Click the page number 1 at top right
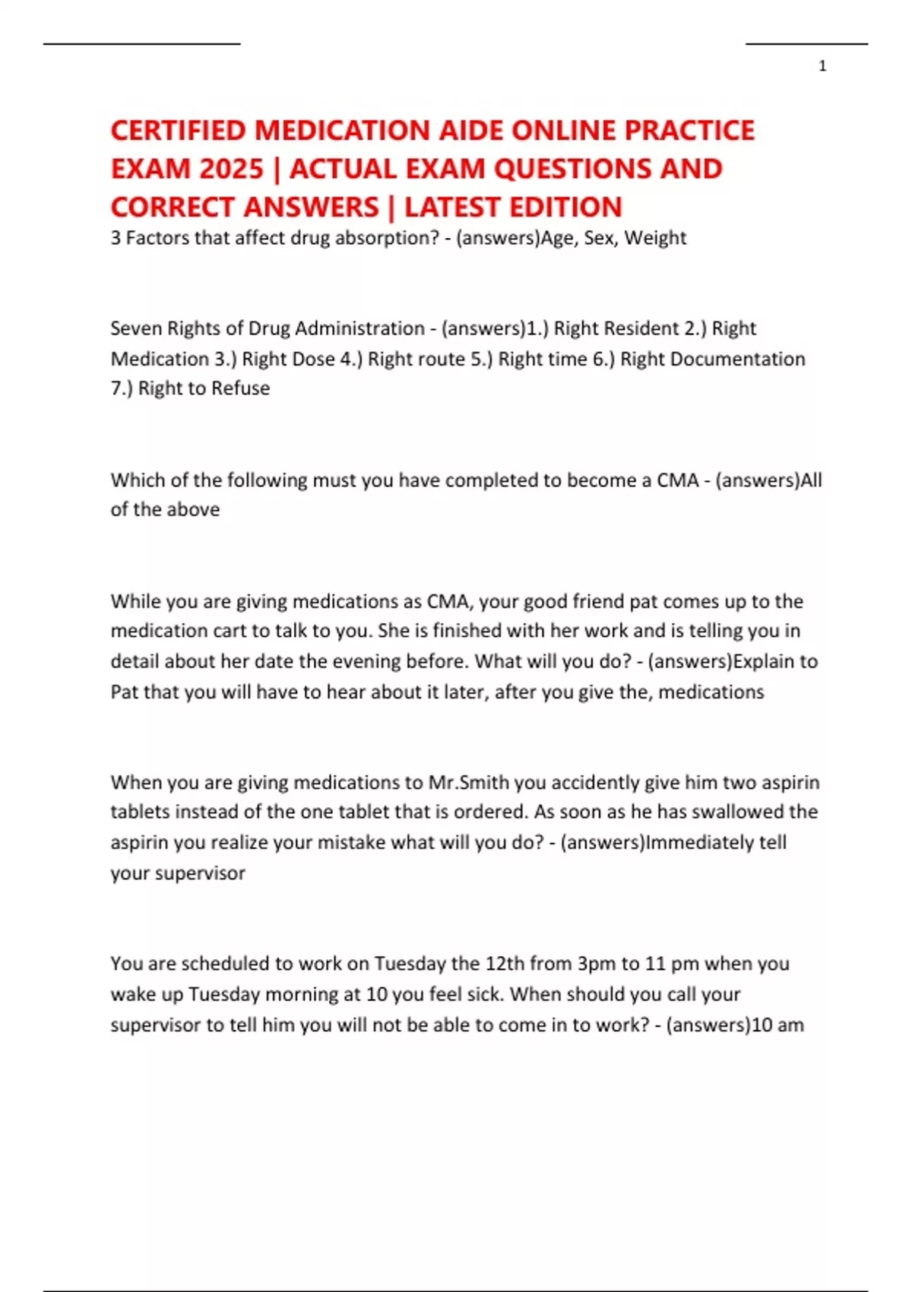(822, 66)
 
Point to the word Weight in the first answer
(655, 238)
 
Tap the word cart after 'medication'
(231, 631)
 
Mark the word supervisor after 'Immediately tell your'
(200, 873)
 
